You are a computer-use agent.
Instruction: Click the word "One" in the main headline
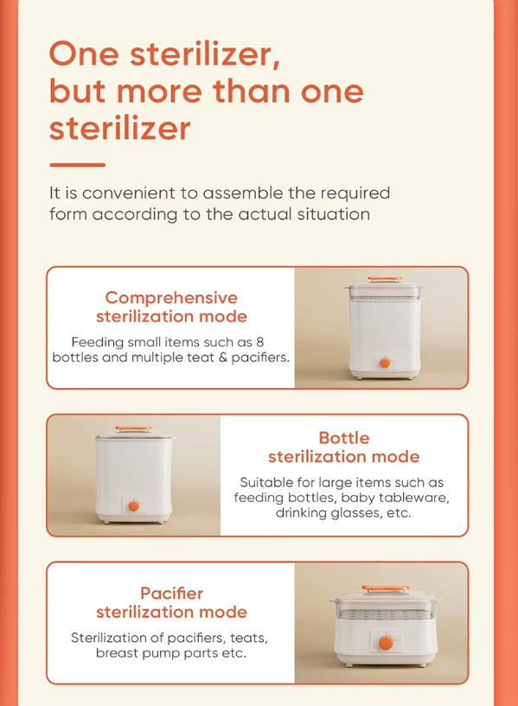[x=84, y=54]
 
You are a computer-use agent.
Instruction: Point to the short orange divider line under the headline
[x=78, y=165]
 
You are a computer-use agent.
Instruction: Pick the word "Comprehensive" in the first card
[x=171, y=297]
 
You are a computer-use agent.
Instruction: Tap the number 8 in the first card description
[x=260, y=342]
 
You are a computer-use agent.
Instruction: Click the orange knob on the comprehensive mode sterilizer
[x=385, y=362]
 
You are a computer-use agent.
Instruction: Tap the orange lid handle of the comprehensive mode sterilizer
[x=384, y=279]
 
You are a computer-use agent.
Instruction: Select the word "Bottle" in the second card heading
[x=344, y=438]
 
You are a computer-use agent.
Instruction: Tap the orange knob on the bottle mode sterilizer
[x=134, y=506]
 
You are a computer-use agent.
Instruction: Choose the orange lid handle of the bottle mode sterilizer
[x=133, y=429]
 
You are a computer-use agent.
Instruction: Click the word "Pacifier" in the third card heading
[x=171, y=594]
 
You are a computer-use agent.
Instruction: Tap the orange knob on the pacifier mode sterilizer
[x=386, y=643]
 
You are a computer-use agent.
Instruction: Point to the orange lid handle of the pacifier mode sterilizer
[x=386, y=588]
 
